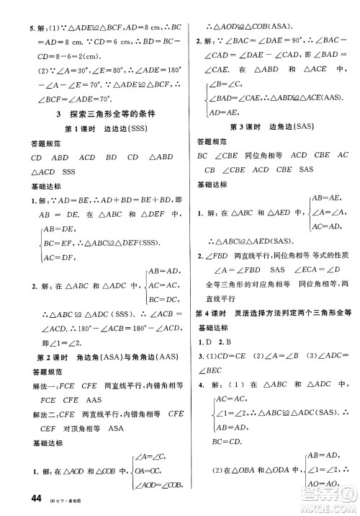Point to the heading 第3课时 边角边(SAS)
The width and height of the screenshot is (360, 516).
(266, 127)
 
